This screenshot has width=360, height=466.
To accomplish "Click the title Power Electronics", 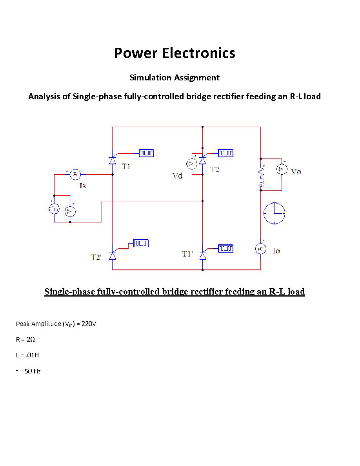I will click(x=175, y=53).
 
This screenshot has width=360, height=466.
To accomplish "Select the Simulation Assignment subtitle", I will click(x=175, y=78).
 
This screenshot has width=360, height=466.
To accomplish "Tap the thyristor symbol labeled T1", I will click(x=113, y=160).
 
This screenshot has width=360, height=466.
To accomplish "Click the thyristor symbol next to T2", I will click(x=202, y=160).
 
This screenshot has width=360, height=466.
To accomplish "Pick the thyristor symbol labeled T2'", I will click(x=113, y=255).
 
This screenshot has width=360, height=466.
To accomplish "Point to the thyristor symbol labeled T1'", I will click(x=202, y=255).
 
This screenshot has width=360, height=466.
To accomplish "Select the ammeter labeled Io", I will click(x=261, y=249).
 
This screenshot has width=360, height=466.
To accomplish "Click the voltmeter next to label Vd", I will click(x=191, y=164).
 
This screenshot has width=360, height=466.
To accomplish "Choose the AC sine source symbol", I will click(x=54, y=209).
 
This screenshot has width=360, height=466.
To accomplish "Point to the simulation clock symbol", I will click(x=274, y=213).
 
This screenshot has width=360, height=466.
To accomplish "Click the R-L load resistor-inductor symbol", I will click(x=261, y=175).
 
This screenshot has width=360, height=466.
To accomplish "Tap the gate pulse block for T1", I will click(x=146, y=153).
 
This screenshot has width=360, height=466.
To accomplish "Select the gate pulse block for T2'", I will click(x=141, y=244).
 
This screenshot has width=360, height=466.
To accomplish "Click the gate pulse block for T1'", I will click(x=225, y=248).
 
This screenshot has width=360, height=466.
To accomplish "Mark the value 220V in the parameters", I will click(x=89, y=324).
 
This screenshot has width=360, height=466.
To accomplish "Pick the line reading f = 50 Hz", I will click(x=28, y=371).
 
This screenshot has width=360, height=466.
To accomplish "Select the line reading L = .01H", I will click(x=27, y=355).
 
